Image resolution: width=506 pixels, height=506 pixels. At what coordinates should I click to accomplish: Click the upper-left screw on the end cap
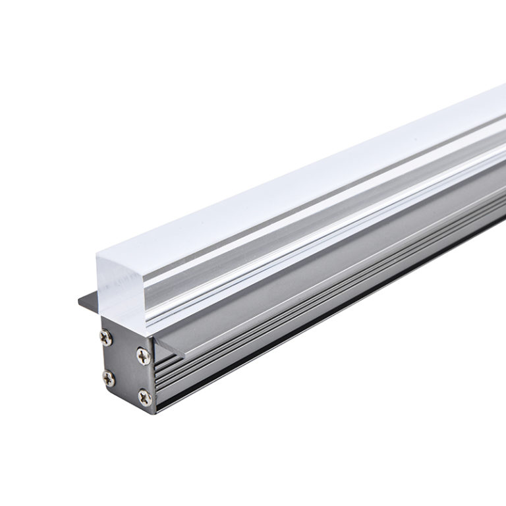pos(106,337)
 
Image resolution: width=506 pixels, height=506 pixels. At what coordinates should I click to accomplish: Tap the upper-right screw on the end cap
pos(143,354)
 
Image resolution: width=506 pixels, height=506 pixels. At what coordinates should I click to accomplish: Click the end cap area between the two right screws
pos(143,375)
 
